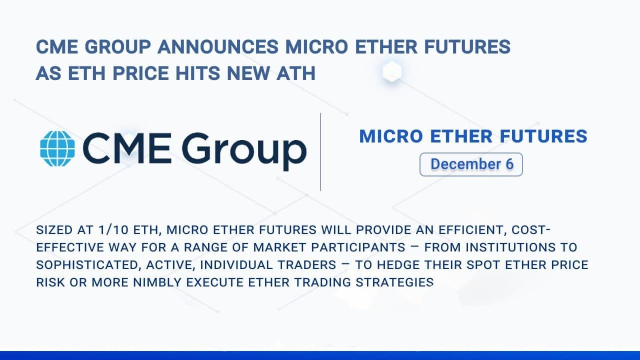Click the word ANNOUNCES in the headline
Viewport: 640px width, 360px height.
pos(218,47)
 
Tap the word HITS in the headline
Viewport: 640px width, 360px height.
pos(197,73)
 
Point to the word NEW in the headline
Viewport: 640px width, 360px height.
pos(248,73)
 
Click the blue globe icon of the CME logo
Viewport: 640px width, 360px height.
pos(57,148)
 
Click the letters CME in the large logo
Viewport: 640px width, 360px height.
pos(127,148)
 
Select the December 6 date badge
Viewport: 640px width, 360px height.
pos(471,164)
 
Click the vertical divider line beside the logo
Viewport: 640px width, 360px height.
pos(320,151)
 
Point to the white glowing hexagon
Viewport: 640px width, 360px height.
pos(392,71)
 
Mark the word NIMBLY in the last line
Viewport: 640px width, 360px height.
pos(157,282)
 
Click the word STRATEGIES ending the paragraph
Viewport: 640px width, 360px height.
pos(394,282)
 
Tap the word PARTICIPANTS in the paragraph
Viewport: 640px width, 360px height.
pos(358,247)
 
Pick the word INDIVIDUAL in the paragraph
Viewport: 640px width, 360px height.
pos(235,265)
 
